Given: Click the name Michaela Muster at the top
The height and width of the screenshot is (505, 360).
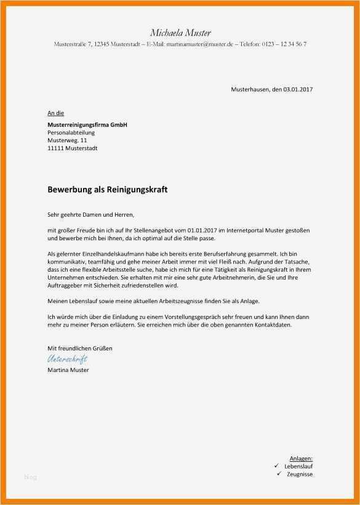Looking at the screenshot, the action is click(180, 33).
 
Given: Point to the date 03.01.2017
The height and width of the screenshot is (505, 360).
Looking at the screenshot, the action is click(298, 90).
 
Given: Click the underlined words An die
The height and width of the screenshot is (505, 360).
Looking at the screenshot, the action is click(55, 113).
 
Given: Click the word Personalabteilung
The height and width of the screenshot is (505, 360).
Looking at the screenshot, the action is click(71, 132).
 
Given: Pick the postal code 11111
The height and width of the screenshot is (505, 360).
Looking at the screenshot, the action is click(55, 148).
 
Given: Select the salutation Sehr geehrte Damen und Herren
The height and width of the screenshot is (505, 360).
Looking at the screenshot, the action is click(90, 215).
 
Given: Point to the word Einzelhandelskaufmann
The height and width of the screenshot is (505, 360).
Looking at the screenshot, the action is click(117, 254).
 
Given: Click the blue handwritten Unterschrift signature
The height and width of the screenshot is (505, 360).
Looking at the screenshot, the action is click(67, 359).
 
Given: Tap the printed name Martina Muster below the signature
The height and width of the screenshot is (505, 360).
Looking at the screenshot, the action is click(68, 370).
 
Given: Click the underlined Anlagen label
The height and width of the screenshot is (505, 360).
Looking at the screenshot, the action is click(302, 459).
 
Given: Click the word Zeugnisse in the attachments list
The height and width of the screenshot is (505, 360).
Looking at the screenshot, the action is click(300, 474).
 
